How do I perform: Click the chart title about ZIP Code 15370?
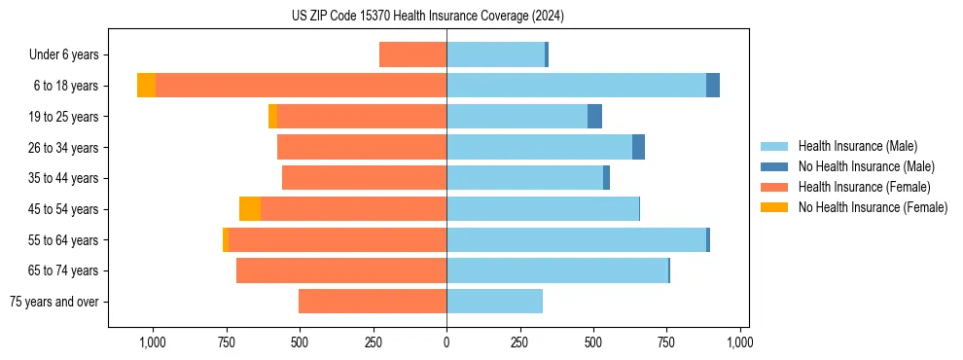[x=427, y=16]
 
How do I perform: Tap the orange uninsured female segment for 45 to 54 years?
[x=250, y=209]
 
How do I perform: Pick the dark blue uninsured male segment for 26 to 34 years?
[x=638, y=147]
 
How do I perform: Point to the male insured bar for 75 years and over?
[x=494, y=302]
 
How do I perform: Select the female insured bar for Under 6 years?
[x=412, y=54]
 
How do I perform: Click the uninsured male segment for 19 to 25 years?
[x=594, y=117]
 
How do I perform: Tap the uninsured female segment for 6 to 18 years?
[x=146, y=86]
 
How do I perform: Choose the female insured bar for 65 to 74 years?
[x=341, y=270]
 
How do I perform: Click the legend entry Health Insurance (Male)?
[x=857, y=146]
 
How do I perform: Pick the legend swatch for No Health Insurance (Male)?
[x=774, y=166]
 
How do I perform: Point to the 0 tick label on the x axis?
[x=446, y=342]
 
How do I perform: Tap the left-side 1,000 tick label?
[x=152, y=342]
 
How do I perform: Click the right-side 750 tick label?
[x=666, y=342]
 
